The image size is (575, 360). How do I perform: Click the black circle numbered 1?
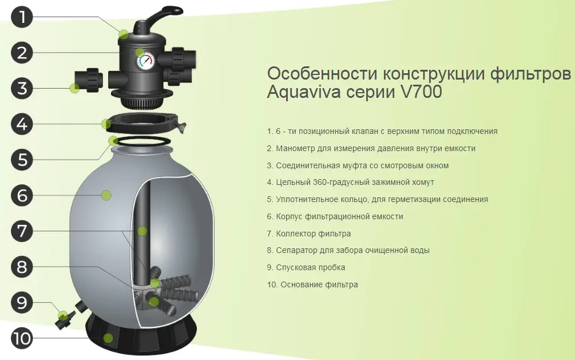(22, 17)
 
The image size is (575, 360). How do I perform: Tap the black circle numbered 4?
(22, 124)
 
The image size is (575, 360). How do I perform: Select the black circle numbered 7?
(22, 231)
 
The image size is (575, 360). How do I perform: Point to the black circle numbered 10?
(22, 338)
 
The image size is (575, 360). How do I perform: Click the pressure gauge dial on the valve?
(146, 61)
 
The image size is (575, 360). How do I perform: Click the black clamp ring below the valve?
(144, 122)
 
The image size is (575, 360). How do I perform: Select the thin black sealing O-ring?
(140, 141)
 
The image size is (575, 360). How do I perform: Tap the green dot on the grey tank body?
(106, 195)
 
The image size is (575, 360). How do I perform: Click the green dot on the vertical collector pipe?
(142, 231)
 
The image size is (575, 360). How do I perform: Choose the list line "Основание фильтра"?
(312, 285)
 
